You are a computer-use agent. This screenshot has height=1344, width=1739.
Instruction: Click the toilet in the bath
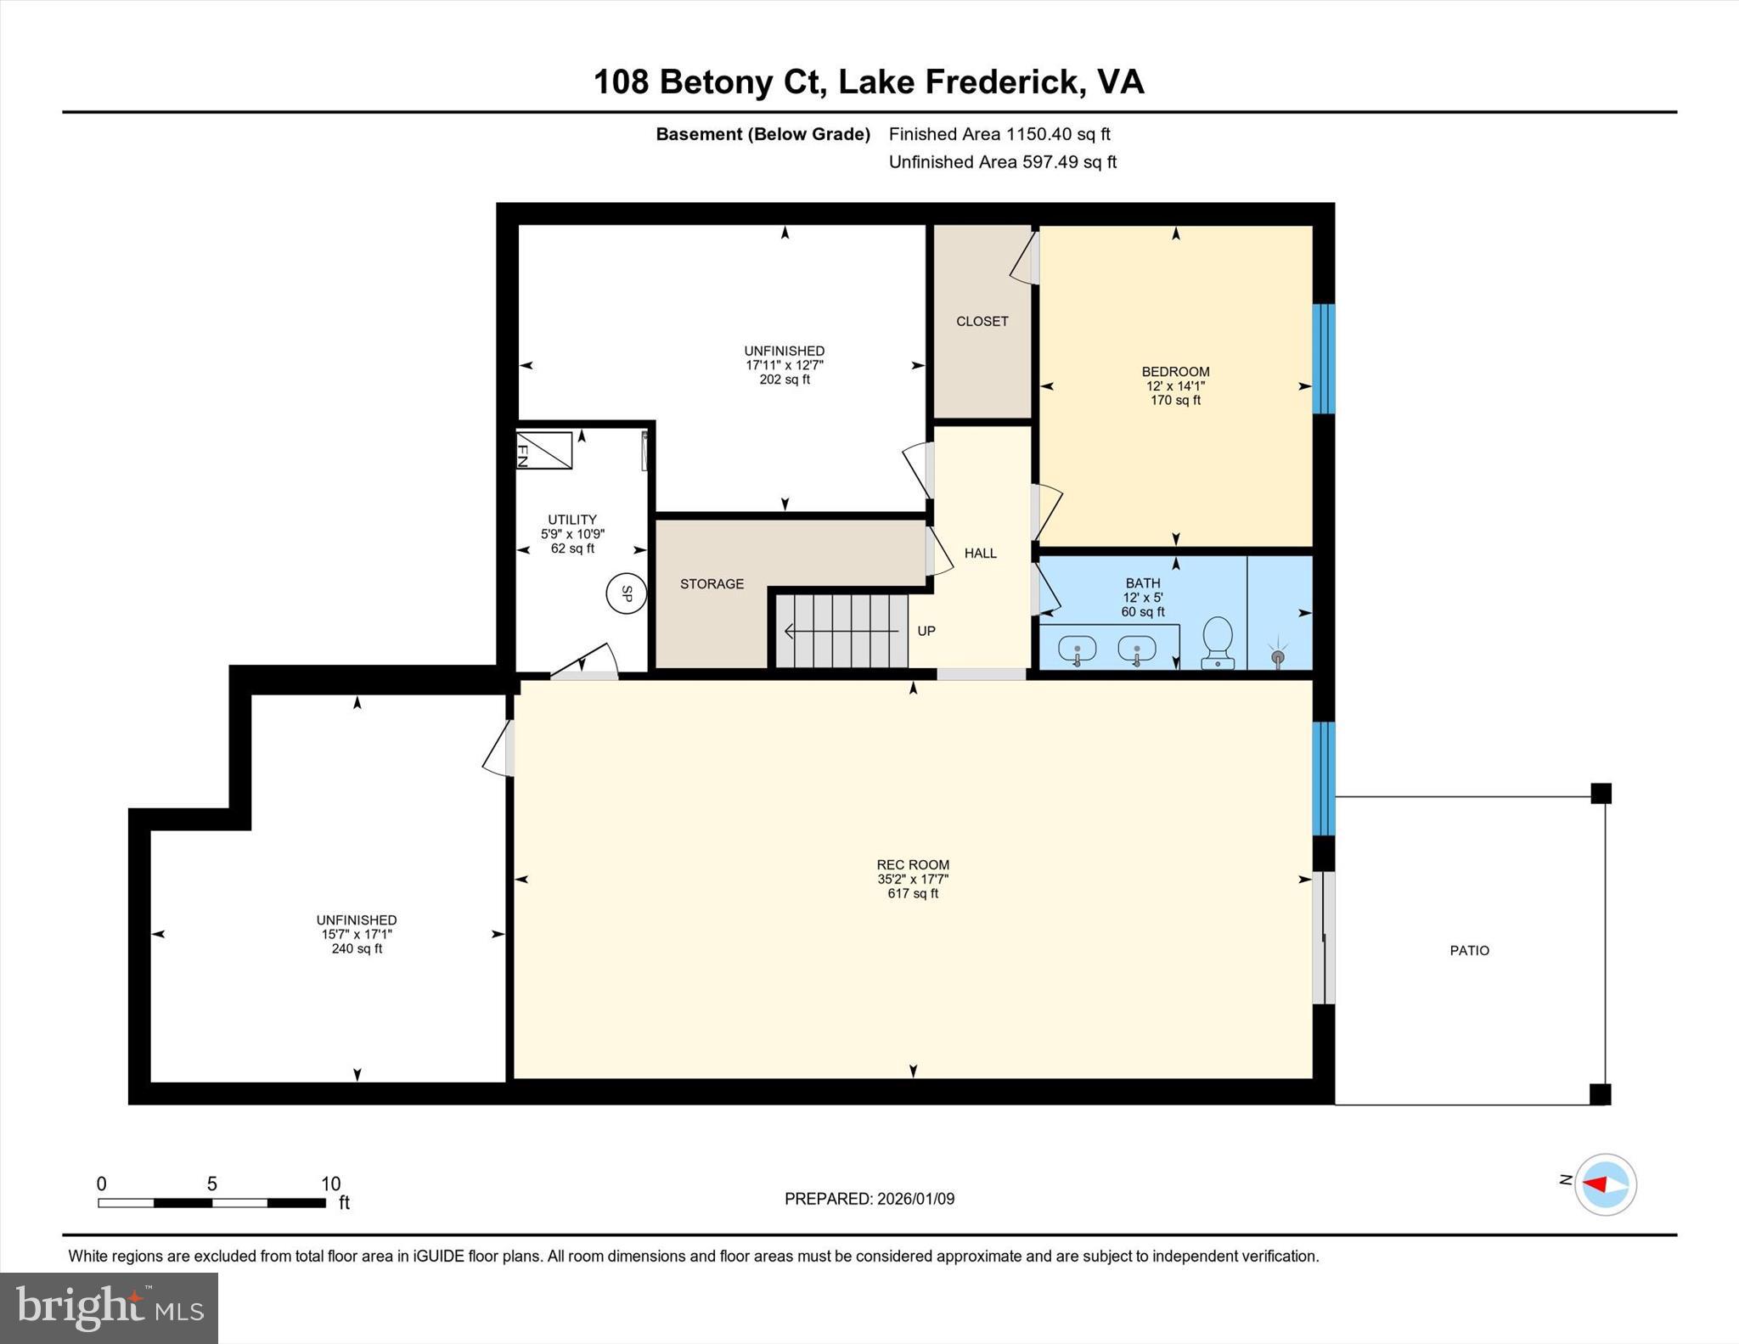(1218, 642)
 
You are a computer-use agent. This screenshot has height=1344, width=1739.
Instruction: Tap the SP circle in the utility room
(627, 593)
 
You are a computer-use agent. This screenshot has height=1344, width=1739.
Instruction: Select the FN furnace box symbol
(544, 450)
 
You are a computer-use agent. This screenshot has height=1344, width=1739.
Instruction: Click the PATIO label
(1469, 951)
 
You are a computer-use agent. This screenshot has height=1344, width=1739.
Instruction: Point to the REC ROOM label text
(913, 865)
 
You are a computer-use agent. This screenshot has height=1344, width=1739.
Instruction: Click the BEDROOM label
(1175, 372)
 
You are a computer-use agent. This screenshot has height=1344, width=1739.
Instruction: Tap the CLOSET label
(982, 321)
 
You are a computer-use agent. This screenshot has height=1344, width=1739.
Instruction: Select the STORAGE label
(712, 584)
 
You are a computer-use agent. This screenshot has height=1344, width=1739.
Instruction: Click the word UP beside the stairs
(926, 631)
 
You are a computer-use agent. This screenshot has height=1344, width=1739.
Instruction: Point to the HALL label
(980, 554)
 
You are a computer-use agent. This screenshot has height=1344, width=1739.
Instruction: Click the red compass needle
(1595, 1184)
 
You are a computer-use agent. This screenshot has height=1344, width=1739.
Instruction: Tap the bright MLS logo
(109, 1307)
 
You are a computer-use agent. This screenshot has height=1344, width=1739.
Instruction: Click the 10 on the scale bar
(330, 1184)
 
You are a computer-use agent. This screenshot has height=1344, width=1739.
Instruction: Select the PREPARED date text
(869, 1199)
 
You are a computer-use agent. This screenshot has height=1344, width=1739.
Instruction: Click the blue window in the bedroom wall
(1324, 358)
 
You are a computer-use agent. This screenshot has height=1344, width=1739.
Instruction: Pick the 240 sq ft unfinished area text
(357, 948)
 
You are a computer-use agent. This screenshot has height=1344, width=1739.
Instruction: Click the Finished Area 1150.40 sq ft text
(999, 134)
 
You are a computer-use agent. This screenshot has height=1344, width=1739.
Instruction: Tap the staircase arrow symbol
(841, 632)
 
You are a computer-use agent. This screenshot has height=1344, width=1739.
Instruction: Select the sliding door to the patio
(1323, 937)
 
